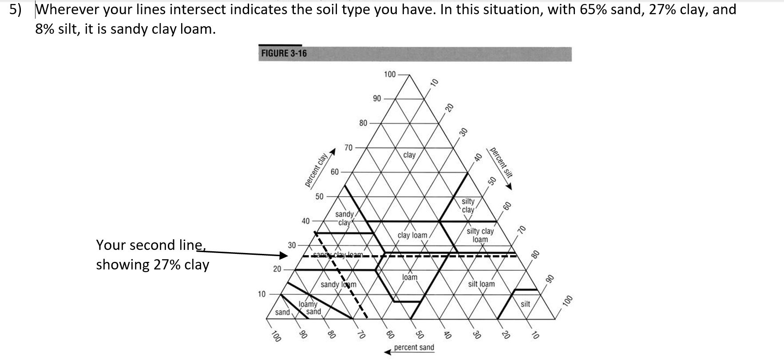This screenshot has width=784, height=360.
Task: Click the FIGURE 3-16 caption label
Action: [x=284, y=54]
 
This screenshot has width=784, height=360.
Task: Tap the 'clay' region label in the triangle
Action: [x=409, y=155]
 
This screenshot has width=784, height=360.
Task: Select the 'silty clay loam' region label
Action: [x=480, y=235]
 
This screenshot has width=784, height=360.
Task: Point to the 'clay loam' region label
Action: [x=412, y=235]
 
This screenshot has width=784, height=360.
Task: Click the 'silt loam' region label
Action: [x=481, y=284]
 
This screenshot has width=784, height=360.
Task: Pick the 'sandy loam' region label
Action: [x=338, y=284]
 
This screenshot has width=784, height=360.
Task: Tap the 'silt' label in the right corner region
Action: [x=525, y=304]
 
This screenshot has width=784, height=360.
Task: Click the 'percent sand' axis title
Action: [x=414, y=347]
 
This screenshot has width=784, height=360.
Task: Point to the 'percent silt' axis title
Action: [x=501, y=162]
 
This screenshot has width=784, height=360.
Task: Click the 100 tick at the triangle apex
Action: [x=389, y=74]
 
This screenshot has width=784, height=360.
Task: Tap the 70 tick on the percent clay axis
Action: [x=349, y=147]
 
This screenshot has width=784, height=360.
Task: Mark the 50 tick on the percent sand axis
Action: [x=419, y=335]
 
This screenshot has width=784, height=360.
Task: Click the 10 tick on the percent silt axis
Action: [x=434, y=82]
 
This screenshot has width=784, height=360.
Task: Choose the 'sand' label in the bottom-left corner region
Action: [x=282, y=312]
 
